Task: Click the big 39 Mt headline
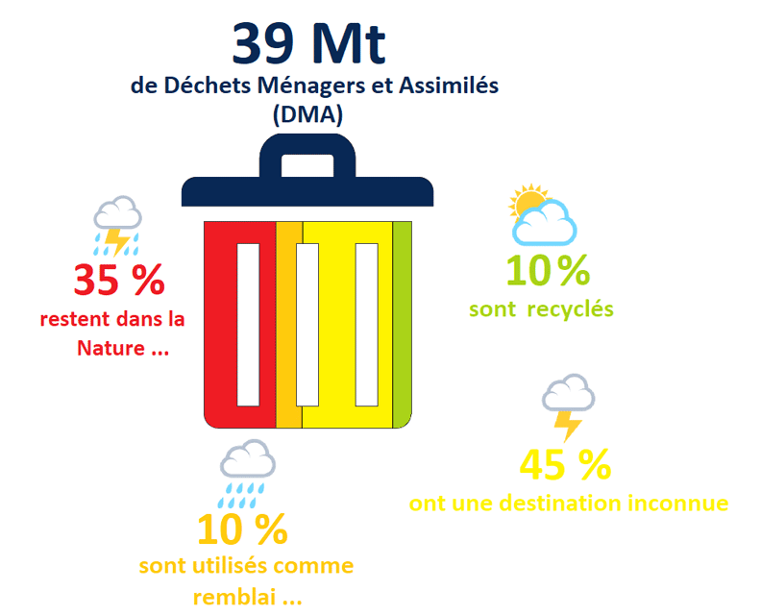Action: point(308,42)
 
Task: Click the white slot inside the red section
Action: point(248,325)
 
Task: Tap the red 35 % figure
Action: point(119,281)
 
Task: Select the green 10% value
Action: point(547,271)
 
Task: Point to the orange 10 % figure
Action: point(242,529)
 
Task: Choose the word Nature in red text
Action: point(109,348)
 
